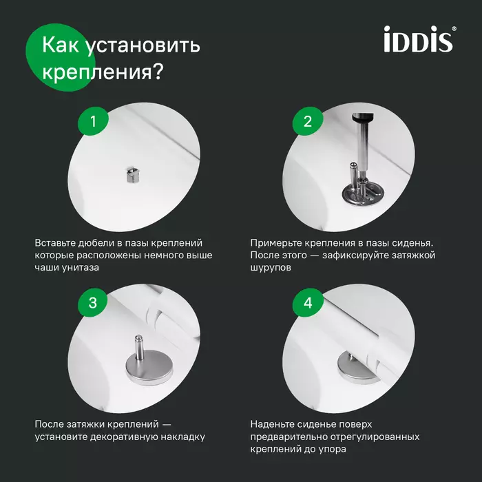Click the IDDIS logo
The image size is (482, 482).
click(418, 40)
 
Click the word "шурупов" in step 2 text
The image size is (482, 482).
click(271, 269)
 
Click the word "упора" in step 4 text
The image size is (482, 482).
click(333, 449)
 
